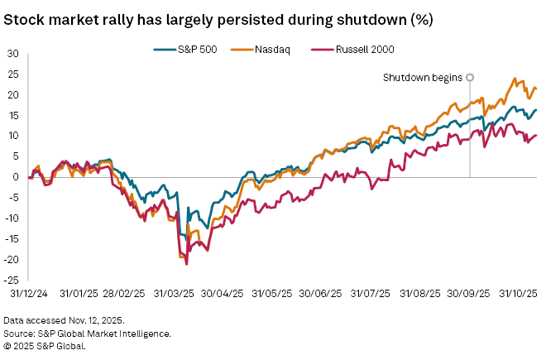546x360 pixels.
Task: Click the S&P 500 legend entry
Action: (198, 50)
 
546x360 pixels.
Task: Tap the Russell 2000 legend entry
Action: (342, 50)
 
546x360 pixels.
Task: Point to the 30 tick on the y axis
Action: (15, 53)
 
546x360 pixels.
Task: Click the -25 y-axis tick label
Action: (13, 280)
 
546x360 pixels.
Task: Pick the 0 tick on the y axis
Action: (17, 177)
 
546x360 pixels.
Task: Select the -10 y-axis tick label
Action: (13, 218)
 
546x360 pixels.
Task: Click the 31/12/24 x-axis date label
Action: (30, 293)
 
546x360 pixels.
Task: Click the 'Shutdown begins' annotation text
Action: (422, 78)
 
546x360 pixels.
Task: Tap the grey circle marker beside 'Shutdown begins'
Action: (470, 77)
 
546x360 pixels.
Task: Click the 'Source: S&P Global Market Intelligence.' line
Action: (87, 333)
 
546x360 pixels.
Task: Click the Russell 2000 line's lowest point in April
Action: (186, 264)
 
